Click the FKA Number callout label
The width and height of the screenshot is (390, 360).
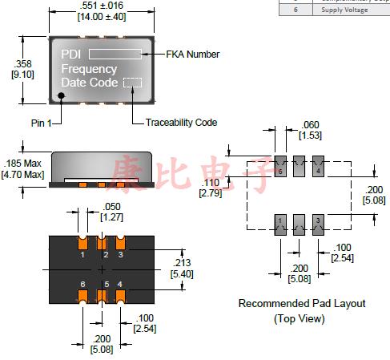pyautogui.click(x=192, y=55)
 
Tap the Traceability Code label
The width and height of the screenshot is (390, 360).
pyautogui.click(x=181, y=122)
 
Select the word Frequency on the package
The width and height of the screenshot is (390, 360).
pyautogui.click(x=89, y=69)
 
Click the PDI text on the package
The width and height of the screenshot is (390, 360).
pyautogui.click(x=71, y=55)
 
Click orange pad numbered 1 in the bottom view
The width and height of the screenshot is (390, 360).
pyautogui.click(x=82, y=244)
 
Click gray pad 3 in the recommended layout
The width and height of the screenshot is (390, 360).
pyautogui.click(x=318, y=223)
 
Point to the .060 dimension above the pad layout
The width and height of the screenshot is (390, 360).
pyautogui.click(x=311, y=125)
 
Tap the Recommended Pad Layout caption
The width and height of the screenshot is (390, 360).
pyautogui.click(x=301, y=303)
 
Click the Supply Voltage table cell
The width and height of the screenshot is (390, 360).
pyautogui.click(x=344, y=10)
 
